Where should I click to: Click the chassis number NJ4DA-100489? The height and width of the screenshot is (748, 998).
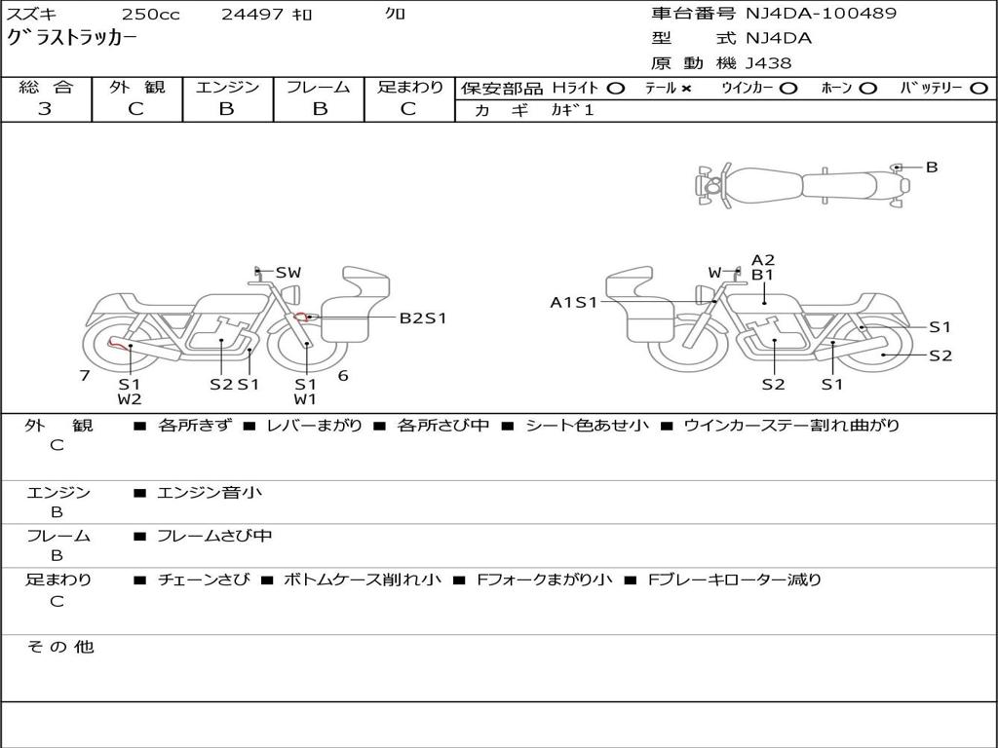tap(821, 14)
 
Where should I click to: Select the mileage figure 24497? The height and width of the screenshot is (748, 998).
tap(252, 14)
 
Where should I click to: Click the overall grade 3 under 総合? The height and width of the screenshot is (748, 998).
tap(45, 109)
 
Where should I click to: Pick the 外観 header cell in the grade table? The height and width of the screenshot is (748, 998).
tap(136, 87)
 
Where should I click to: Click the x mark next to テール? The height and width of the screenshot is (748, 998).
tap(685, 89)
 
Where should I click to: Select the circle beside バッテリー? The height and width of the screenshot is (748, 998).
tap(979, 89)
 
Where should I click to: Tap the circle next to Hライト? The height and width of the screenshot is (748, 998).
tap(616, 89)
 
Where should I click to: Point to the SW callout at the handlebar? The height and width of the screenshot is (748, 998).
tap(288, 273)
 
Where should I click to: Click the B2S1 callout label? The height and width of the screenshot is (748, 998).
tap(423, 318)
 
